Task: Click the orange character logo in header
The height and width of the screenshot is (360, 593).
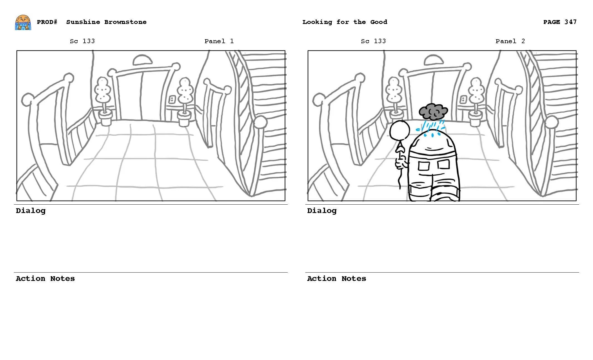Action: click(23, 23)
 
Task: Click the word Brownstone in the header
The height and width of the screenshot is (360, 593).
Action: click(125, 22)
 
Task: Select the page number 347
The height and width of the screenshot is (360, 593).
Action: click(570, 22)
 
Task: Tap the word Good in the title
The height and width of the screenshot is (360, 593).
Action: click(378, 22)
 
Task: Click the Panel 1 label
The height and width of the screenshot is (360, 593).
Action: click(219, 41)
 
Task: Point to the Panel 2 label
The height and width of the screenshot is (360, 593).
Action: click(510, 41)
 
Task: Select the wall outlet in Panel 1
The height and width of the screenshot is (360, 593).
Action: click(172, 99)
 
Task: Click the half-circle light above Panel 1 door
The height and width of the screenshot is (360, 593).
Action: click(142, 60)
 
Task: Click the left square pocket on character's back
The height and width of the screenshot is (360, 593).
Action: click(424, 166)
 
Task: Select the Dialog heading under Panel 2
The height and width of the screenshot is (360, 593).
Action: click(322, 211)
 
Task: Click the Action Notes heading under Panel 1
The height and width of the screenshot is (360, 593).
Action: click(45, 279)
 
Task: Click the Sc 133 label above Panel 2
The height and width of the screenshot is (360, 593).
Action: click(373, 41)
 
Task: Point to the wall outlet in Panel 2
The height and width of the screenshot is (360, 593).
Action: click(463, 99)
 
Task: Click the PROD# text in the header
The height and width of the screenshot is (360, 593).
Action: click(47, 22)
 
